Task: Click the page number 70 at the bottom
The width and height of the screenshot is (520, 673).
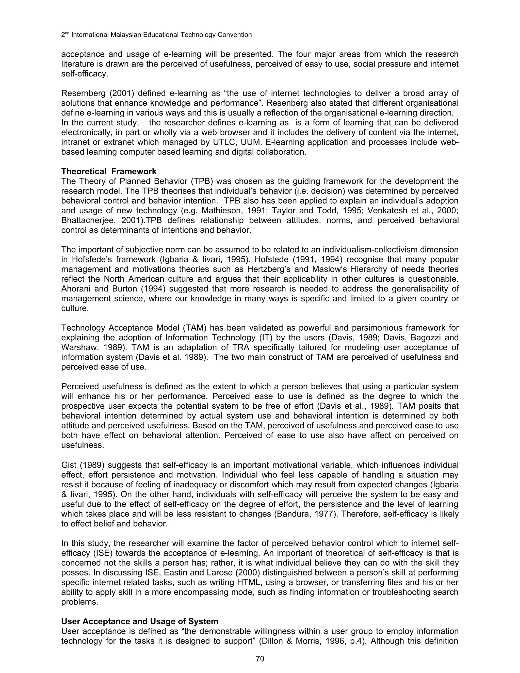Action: point(260,659)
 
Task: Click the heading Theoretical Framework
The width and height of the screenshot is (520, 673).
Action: point(109,171)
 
